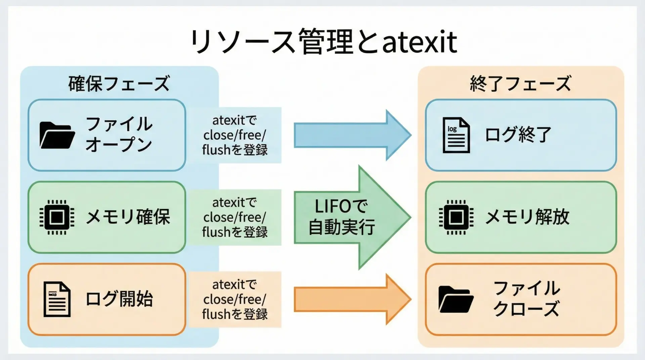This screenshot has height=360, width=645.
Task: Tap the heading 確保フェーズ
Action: coord(119,84)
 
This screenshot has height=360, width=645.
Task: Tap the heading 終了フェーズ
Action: coord(520,84)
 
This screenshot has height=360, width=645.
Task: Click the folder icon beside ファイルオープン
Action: coord(57,135)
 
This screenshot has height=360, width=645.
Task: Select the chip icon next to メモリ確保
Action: coord(57,217)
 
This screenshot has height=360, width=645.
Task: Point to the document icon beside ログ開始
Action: coord(57,299)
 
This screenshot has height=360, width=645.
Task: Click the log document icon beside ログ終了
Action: coord(456,135)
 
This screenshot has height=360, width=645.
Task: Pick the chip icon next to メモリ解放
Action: coord(456,217)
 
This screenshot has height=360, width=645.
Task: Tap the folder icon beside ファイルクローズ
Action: coord(456,299)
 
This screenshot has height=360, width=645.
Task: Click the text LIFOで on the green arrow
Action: coord(341,206)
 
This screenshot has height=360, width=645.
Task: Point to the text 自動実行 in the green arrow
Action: coord(341,227)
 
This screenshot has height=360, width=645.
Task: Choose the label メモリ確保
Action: coord(128,217)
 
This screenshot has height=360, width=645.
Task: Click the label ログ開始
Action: coord(119,299)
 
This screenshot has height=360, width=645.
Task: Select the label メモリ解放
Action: coord(527,217)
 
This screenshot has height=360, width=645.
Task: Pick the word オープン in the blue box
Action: coord(119,145)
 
